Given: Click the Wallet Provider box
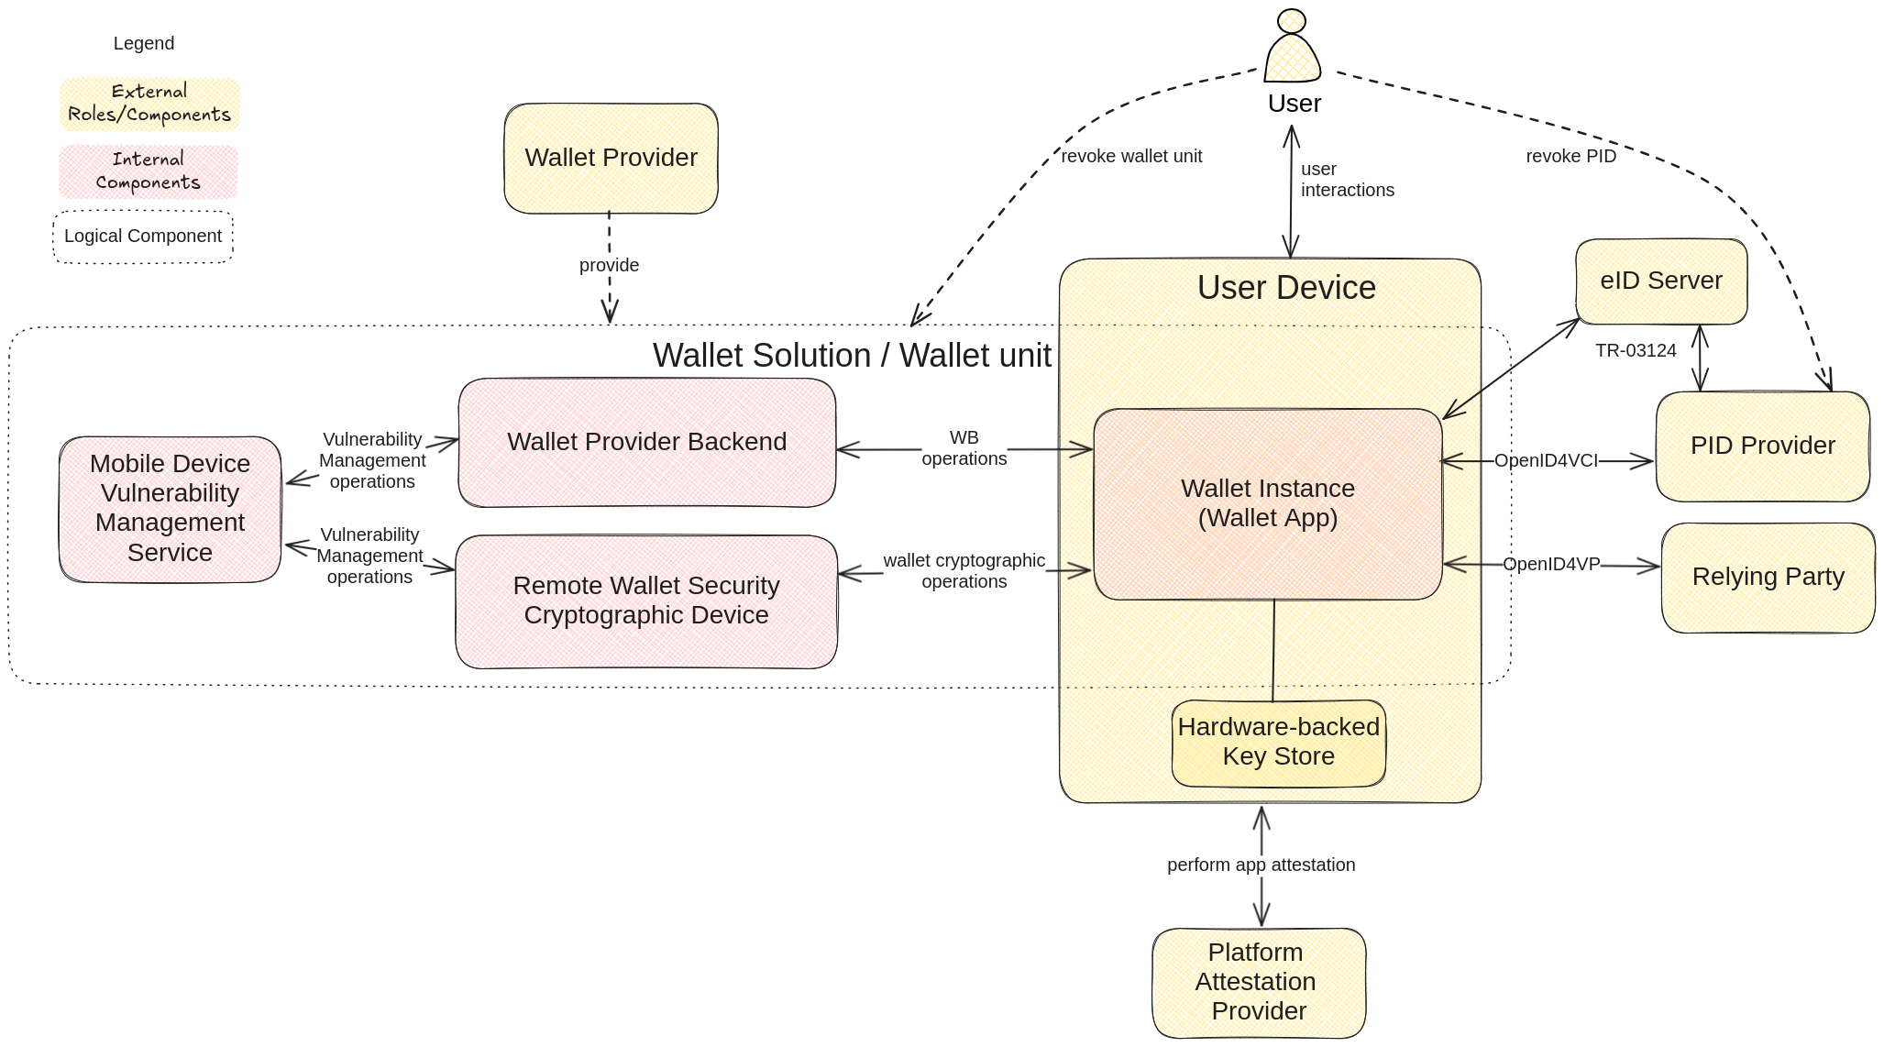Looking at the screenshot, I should click(611, 158).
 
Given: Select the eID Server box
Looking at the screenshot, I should click(1660, 281).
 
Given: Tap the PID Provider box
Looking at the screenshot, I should click(1762, 446).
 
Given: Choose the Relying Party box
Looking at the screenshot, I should click(1768, 577).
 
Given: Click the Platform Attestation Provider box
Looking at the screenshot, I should click(1258, 982).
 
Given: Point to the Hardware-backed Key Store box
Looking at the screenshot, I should click(1278, 742).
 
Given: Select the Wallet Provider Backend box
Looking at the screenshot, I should click(646, 442).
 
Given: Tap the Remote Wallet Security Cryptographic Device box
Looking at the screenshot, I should click(645, 601).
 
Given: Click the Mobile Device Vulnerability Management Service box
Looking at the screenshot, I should click(170, 508).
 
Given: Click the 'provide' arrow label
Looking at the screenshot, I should click(609, 265).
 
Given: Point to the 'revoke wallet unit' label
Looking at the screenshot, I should click(1130, 156).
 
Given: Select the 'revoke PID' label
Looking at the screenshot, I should click(1570, 156).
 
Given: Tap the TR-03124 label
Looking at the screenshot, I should click(1635, 350).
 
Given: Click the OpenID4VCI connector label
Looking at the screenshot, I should click(1546, 460).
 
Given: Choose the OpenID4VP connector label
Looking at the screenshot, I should click(1551, 564).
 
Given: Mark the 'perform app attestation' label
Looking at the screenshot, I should click(1261, 865).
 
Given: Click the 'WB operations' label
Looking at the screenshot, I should click(964, 448).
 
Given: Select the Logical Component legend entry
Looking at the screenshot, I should click(143, 237).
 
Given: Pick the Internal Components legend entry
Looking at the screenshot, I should click(148, 171).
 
